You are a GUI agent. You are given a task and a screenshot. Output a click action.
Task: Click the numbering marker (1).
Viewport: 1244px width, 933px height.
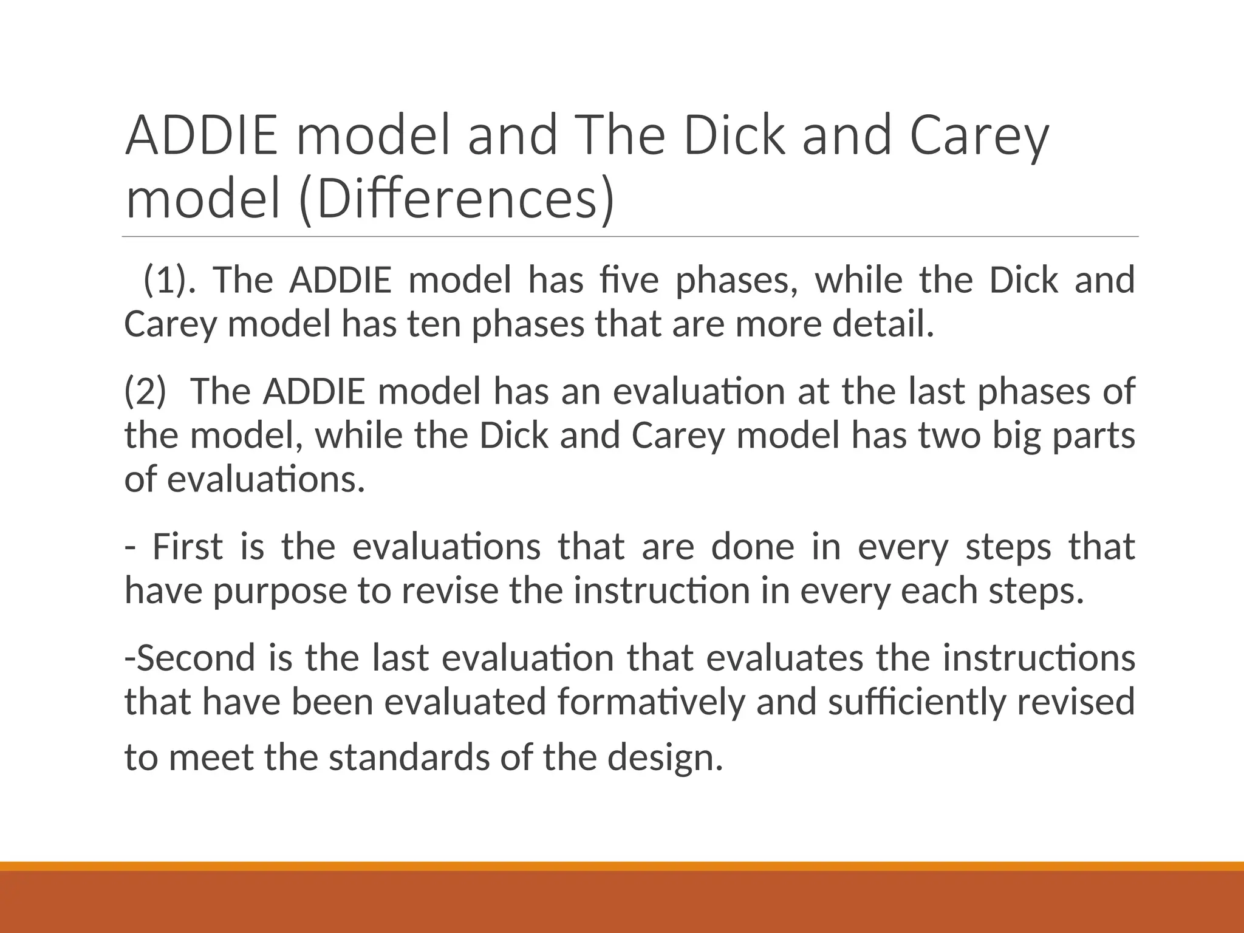pos(169,281)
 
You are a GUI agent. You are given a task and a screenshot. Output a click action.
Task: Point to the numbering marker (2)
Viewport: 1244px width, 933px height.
pos(145,392)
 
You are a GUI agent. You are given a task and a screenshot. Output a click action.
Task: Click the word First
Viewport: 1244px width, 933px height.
pos(187,547)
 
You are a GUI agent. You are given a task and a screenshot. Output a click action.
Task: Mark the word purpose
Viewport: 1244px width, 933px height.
pos(279,592)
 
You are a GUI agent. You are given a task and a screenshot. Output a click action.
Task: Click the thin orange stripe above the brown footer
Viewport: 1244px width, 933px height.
pos(622,866)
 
